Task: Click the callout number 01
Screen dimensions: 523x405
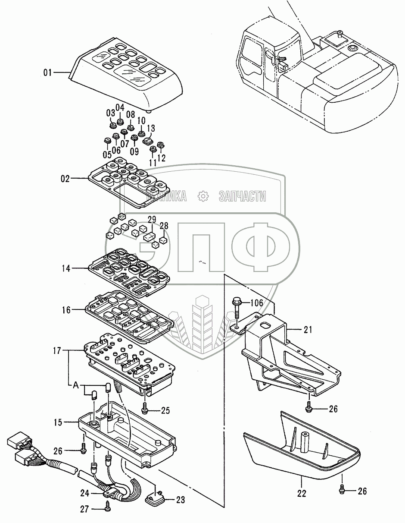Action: tap(48, 72)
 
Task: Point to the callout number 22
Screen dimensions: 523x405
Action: tap(302, 494)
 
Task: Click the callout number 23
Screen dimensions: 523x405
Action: tap(180, 500)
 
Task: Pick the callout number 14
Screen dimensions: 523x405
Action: tap(65, 268)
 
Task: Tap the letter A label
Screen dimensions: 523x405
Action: tap(75, 385)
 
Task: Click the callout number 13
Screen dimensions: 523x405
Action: tap(151, 128)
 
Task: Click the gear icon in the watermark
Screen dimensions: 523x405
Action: tap(202, 197)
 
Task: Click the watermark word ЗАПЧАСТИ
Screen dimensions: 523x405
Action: tap(242, 197)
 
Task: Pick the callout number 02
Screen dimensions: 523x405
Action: tap(65, 178)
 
